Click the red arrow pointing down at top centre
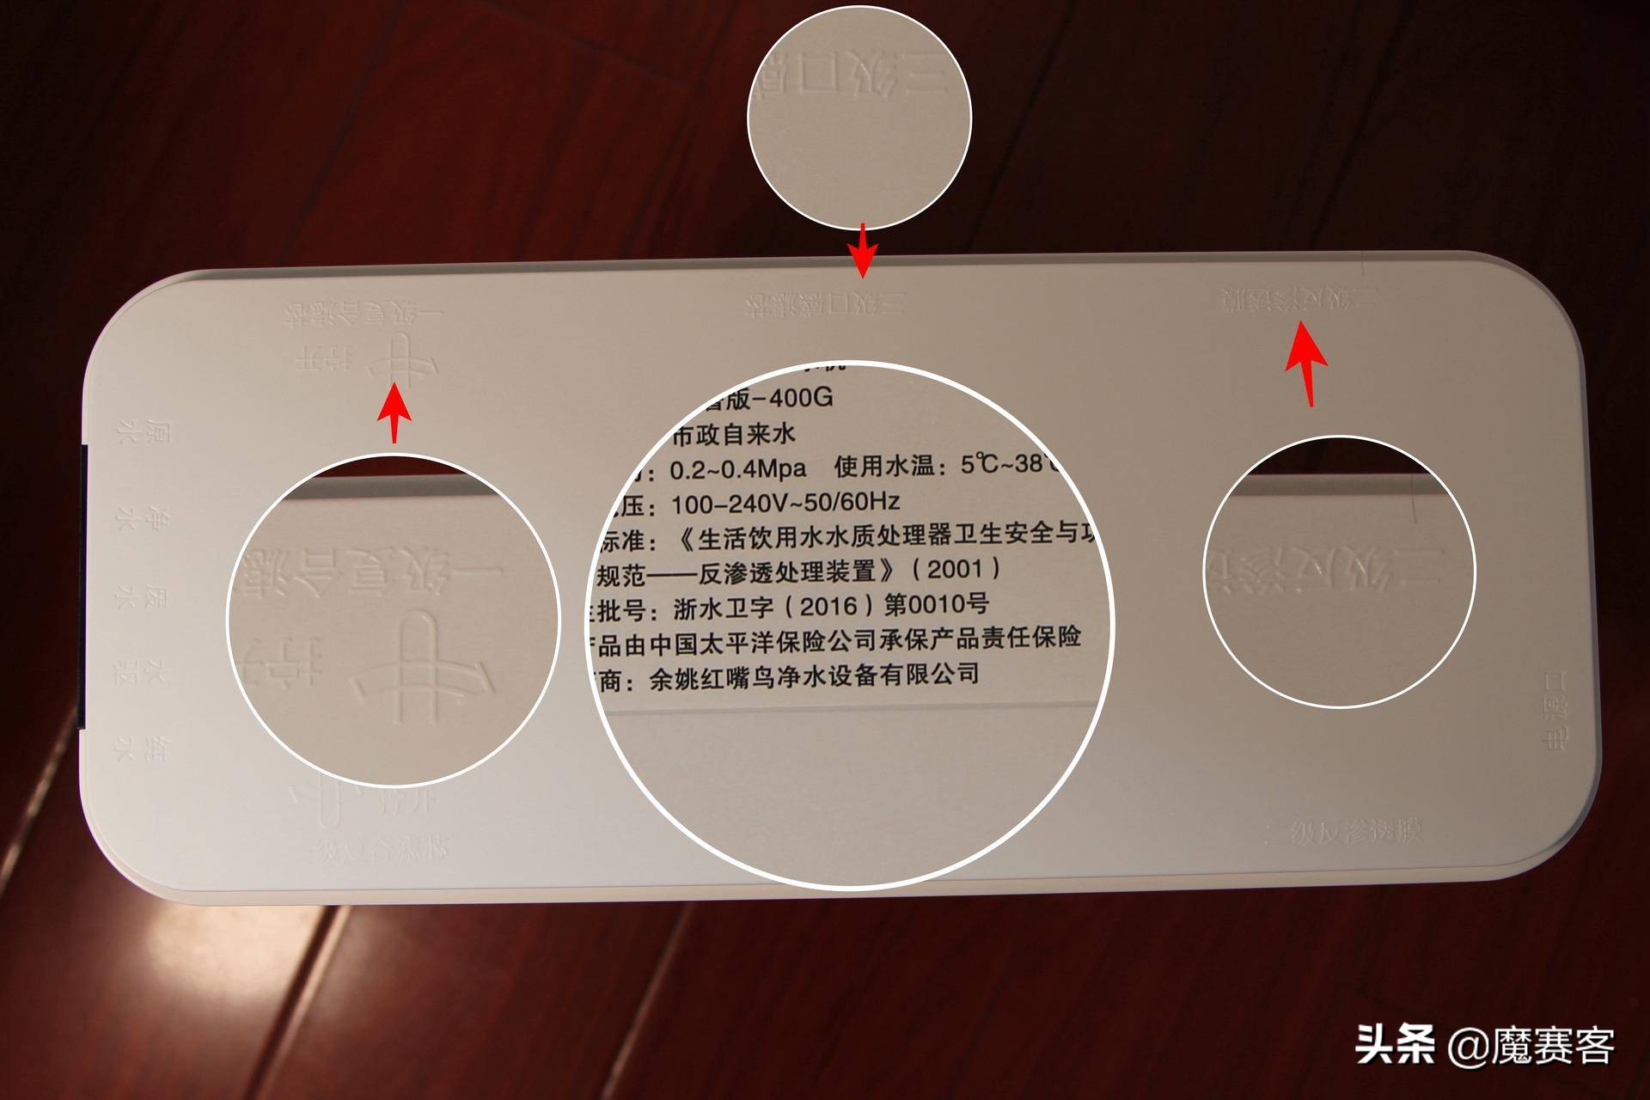[863, 250]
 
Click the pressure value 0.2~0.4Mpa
[737, 469]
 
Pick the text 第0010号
[937, 604]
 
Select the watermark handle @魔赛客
[1531, 1046]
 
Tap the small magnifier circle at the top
[859, 118]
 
